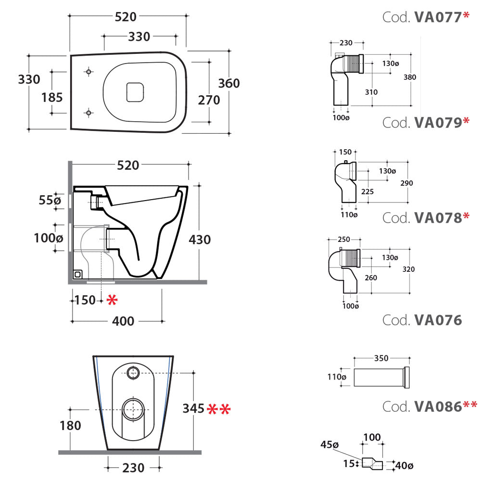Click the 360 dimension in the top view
[229, 83]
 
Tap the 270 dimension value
[209, 100]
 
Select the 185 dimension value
[52, 97]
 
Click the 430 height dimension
[200, 239]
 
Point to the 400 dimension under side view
[124, 321]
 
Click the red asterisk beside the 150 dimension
[112, 301]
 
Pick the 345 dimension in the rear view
[193, 409]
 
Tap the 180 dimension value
[71, 426]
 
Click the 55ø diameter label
[50, 200]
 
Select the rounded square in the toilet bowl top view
[135, 92]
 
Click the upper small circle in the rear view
[133, 371]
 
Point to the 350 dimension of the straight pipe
[381, 358]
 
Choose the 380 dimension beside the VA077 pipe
[410, 77]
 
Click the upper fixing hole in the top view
[88, 72]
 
